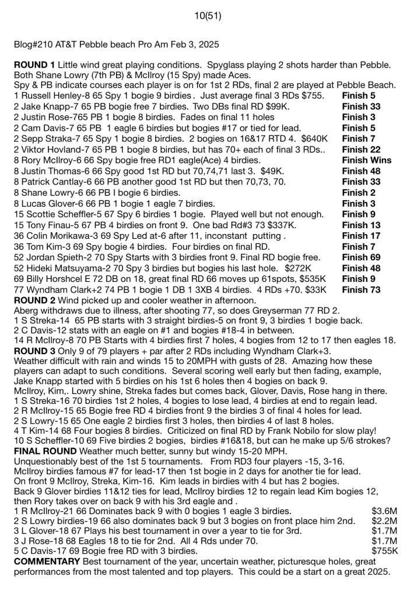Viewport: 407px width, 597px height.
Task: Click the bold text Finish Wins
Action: point(367,160)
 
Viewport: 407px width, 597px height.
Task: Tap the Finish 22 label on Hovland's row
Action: point(361,149)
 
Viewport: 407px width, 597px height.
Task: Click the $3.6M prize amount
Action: point(384,511)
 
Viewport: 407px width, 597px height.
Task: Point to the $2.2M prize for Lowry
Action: point(384,521)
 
